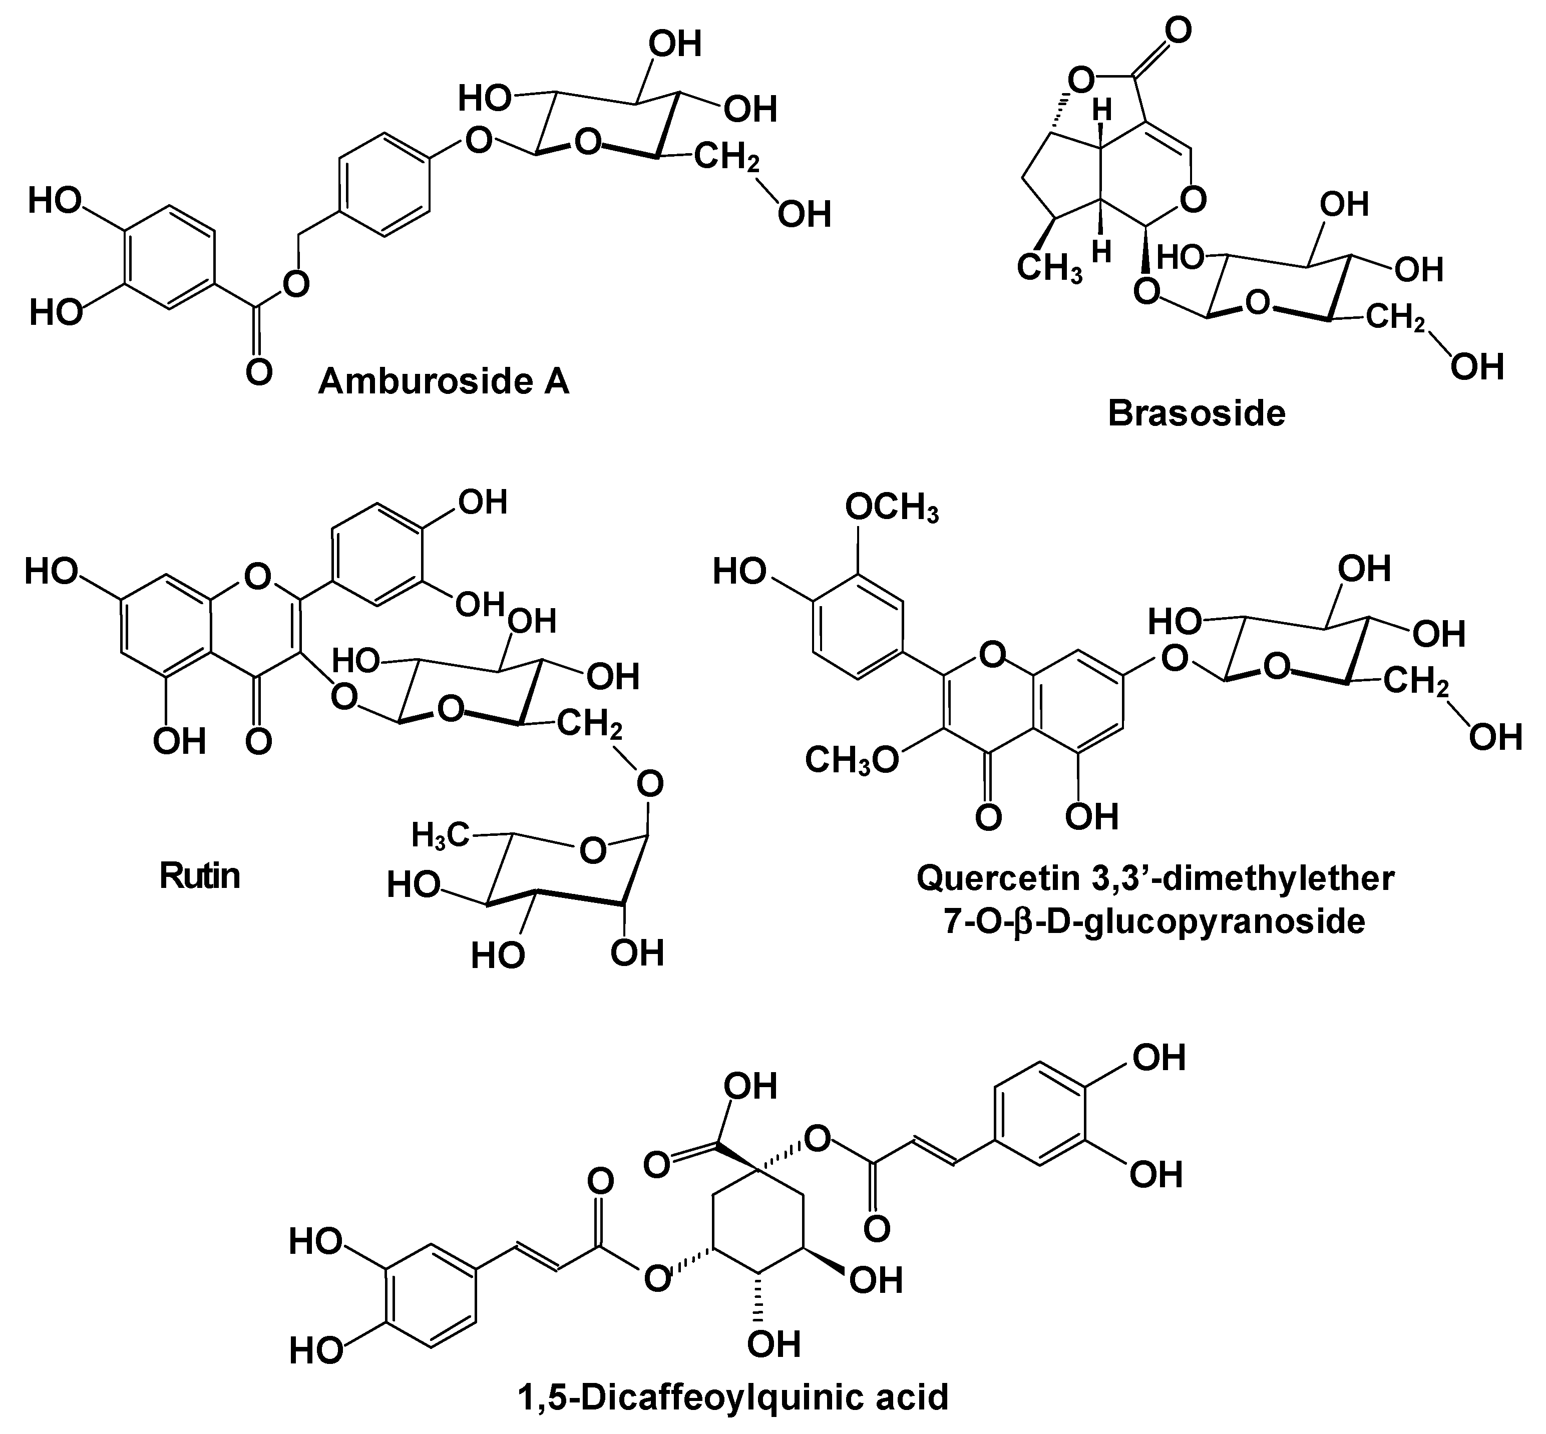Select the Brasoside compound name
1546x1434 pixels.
point(1196,413)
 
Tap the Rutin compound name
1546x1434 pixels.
point(199,876)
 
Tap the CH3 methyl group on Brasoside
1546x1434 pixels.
point(1049,268)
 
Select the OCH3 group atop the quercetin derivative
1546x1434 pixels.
point(891,509)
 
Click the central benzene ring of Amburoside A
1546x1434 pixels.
point(383,185)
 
